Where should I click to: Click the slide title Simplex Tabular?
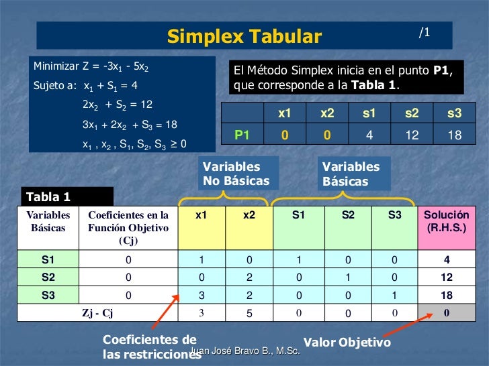(x=244, y=36)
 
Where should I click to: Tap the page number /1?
(x=425, y=32)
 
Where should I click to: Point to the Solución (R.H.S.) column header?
(x=446, y=222)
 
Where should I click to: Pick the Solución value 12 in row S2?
(x=446, y=277)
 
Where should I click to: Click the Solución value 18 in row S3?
(x=446, y=295)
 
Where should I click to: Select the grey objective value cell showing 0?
(x=446, y=312)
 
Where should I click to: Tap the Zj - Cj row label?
(x=97, y=312)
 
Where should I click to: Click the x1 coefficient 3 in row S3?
(x=201, y=295)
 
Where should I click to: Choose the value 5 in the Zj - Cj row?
(x=249, y=312)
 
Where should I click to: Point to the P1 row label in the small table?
(x=242, y=135)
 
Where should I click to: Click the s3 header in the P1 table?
(x=454, y=114)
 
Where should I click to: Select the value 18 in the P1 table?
(x=454, y=135)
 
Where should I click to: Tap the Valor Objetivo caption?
(x=347, y=343)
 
